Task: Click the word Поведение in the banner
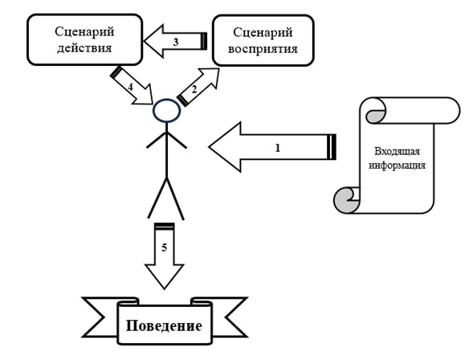pos(164,325)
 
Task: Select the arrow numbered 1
pos(272,147)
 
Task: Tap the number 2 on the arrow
pos(194,89)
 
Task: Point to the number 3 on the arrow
pos(176,42)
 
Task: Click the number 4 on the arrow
pos(130,87)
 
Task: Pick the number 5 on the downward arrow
pos(164,247)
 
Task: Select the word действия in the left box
pos(84,48)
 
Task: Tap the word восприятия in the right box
pos(263,49)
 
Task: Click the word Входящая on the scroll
pos(397,151)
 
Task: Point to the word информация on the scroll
pos(398,165)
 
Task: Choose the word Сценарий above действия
pos(84,31)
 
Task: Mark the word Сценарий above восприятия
pos(263,33)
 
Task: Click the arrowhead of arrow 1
pos(225,147)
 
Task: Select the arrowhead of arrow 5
pos(165,276)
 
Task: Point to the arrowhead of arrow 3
pos(153,41)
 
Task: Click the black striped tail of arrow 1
pos(332,147)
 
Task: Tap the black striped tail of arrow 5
pos(165,227)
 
